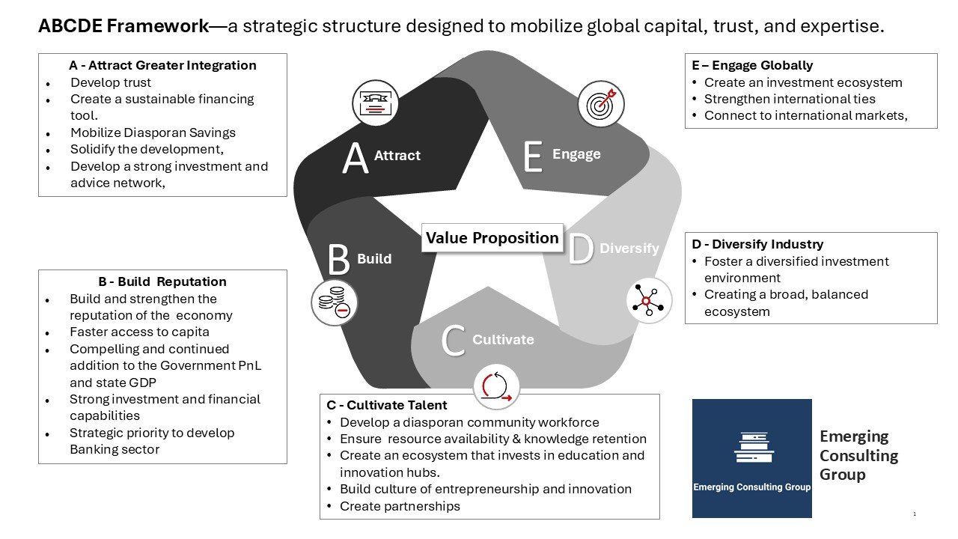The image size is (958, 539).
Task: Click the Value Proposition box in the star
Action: click(x=492, y=238)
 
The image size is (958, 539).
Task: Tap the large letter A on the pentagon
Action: click(x=356, y=159)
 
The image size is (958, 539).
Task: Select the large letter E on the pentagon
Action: click(x=532, y=157)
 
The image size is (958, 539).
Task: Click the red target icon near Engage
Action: click(x=601, y=103)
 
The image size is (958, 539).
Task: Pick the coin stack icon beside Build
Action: click(x=334, y=302)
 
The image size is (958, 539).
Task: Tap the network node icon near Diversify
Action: click(x=648, y=299)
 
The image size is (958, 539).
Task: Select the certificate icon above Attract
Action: click(x=376, y=103)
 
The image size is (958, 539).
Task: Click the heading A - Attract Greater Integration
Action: click(x=162, y=65)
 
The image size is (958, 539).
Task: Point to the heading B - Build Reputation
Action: click(x=162, y=281)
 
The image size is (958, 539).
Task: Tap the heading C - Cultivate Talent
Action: click(x=387, y=405)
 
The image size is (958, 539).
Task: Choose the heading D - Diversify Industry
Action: click(x=757, y=244)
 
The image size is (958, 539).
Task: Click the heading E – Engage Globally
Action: click(x=752, y=65)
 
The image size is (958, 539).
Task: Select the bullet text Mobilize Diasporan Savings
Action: click(x=153, y=133)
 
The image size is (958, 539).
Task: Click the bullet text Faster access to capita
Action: click(x=139, y=332)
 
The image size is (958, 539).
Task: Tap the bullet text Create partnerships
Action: click(x=400, y=506)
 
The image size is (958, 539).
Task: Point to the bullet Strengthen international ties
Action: click(x=790, y=99)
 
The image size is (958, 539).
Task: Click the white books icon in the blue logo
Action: click(x=752, y=446)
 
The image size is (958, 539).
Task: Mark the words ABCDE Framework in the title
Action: click(x=123, y=27)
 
